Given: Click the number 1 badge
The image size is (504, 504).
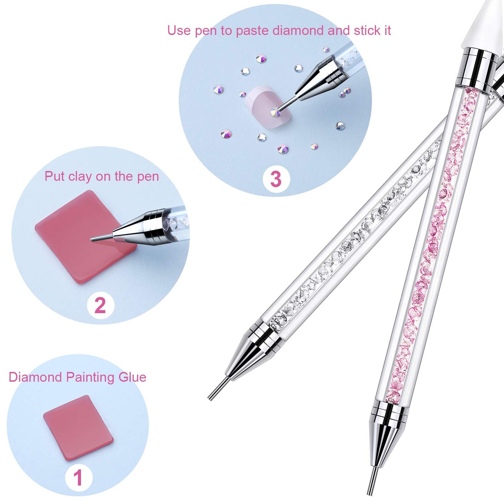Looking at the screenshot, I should click(78, 477).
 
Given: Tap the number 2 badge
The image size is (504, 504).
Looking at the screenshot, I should click(100, 305).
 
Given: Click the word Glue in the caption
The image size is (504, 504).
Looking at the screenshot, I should click(132, 377).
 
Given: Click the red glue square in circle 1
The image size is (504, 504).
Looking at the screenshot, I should click(78, 428).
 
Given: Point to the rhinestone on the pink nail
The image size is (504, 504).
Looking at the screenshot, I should click(276, 112).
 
